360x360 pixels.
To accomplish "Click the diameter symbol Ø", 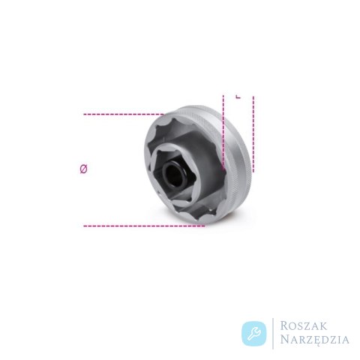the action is [x=83, y=169].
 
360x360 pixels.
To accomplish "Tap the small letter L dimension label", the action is [x=238, y=97].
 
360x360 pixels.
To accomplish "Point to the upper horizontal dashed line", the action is [x=124, y=114].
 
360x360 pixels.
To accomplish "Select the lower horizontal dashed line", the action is [x=144, y=226].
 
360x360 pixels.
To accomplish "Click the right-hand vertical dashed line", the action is [x=253, y=134].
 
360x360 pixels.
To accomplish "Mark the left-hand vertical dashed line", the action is [x=223, y=133].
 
